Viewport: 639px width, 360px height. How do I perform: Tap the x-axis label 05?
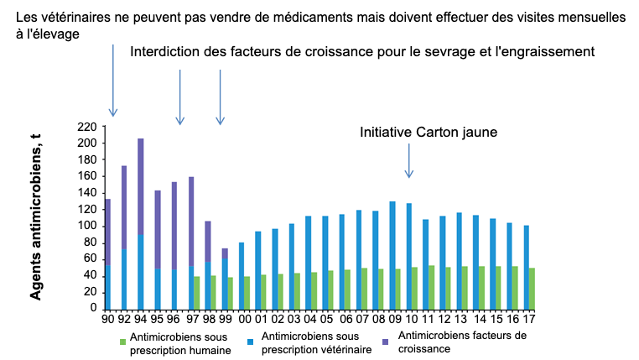pos(327,319)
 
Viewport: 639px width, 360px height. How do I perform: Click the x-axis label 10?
pos(412,319)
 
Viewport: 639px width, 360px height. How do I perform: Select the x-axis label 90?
pos(107,319)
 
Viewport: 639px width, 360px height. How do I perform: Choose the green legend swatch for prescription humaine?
pos(122,340)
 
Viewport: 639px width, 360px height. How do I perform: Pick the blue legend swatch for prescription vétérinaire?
pos(252,340)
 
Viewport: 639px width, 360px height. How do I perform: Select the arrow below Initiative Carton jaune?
pos(409,159)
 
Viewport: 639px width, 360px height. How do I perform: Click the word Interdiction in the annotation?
pos(164,52)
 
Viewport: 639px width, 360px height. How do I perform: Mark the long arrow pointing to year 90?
pos(113,80)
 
